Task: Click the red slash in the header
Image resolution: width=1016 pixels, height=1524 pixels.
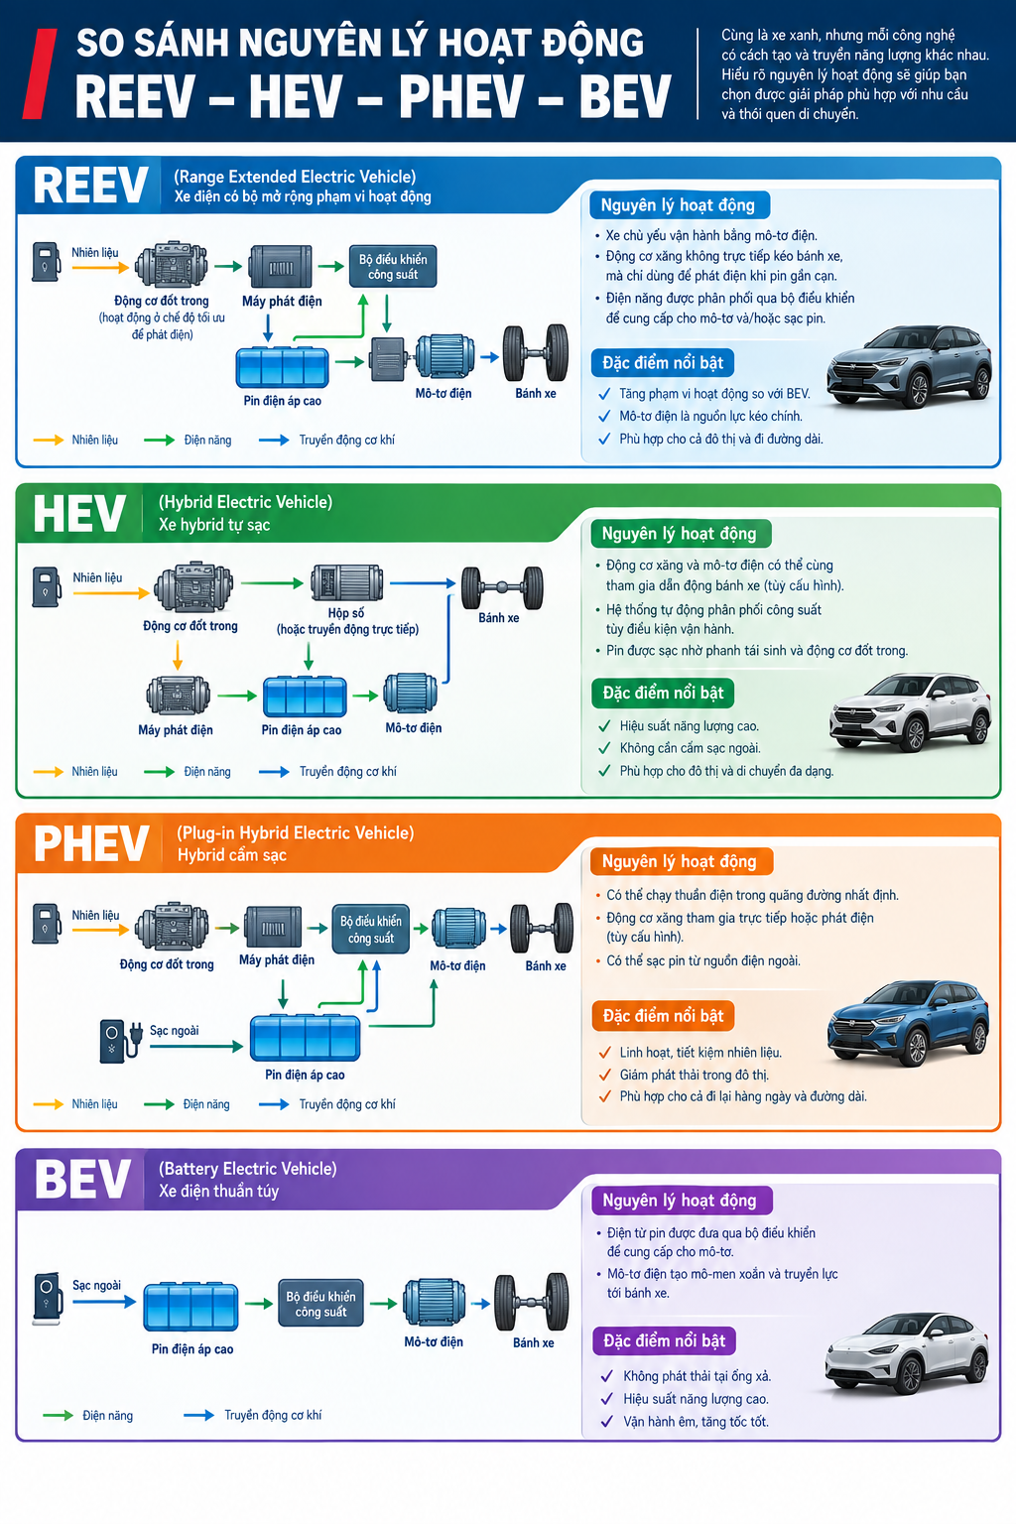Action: (x=40, y=73)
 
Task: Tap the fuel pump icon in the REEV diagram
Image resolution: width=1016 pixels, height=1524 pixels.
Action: (x=46, y=262)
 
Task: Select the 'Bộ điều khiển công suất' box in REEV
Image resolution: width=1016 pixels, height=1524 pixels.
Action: (x=393, y=267)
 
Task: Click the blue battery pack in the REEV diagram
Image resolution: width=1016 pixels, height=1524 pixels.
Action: (x=282, y=367)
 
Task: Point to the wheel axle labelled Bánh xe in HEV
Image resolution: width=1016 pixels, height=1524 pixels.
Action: (x=502, y=587)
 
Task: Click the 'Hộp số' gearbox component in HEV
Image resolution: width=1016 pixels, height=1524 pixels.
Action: (x=346, y=583)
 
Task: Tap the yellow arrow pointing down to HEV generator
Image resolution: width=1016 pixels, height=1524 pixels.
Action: (x=178, y=655)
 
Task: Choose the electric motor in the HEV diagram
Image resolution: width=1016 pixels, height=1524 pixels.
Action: (x=411, y=694)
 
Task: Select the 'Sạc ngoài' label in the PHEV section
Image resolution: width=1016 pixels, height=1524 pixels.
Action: (x=175, y=1030)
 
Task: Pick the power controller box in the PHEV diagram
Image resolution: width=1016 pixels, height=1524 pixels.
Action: (x=371, y=929)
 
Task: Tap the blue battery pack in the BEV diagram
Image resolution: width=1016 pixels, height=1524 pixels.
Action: (x=190, y=1306)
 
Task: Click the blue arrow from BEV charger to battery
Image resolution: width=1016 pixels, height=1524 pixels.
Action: (x=104, y=1302)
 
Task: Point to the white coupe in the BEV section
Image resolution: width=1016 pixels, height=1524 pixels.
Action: (x=906, y=1353)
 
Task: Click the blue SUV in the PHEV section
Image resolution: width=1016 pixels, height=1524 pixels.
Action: (x=908, y=1023)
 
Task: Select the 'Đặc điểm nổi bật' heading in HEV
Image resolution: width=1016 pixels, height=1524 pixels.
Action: (x=663, y=693)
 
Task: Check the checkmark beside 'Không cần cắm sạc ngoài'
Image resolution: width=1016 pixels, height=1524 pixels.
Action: (x=603, y=748)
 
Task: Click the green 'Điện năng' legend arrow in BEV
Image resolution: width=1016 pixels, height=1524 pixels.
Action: (x=58, y=1415)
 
